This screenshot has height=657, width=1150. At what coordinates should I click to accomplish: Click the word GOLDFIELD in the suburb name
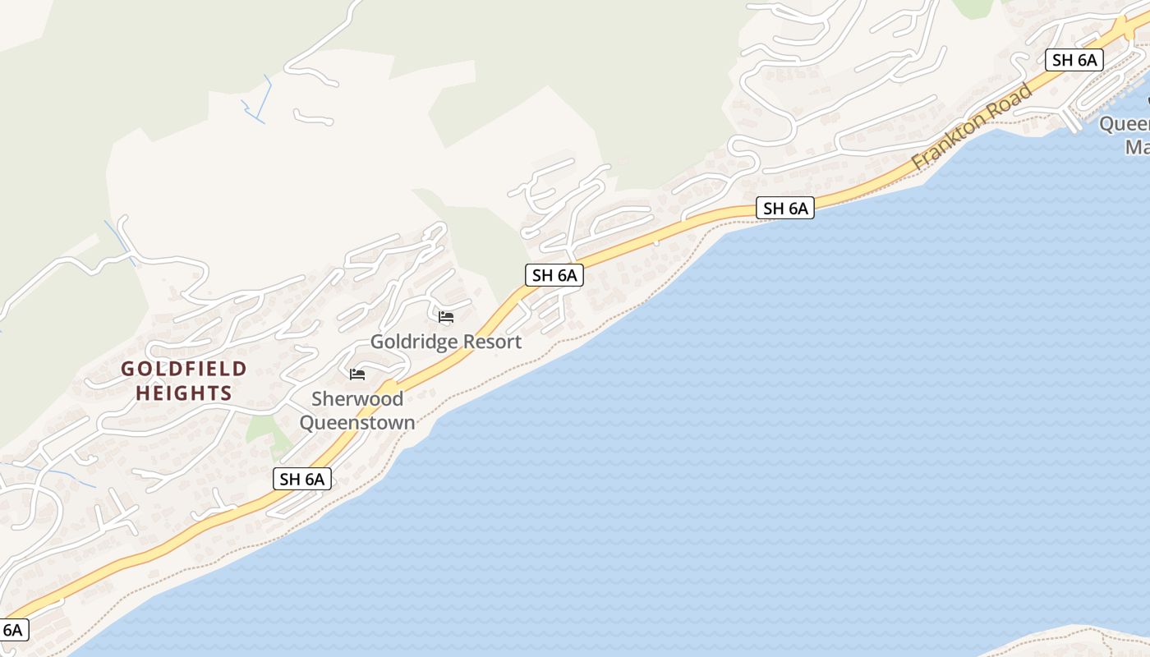[x=184, y=369]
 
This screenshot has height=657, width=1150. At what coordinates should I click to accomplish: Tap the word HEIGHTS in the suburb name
[x=184, y=393]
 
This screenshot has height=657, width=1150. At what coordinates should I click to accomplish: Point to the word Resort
[x=490, y=342]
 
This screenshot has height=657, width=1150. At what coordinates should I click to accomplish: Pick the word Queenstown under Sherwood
[x=357, y=423]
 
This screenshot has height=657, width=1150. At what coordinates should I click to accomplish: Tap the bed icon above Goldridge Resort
[x=446, y=316]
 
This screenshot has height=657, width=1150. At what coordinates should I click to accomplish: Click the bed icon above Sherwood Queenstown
[x=357, y=374]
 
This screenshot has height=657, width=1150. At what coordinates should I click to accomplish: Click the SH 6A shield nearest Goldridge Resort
[x=554, y=275]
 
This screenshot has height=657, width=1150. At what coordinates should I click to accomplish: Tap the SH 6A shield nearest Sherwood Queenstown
[x=302, y=479]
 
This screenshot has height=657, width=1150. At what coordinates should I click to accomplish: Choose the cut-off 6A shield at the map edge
[x=13, y=630]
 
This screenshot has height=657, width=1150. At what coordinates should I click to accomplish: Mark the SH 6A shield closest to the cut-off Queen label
[x=1074, y=60]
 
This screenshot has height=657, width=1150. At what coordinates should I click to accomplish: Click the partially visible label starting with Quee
[x=1125, y=124]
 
